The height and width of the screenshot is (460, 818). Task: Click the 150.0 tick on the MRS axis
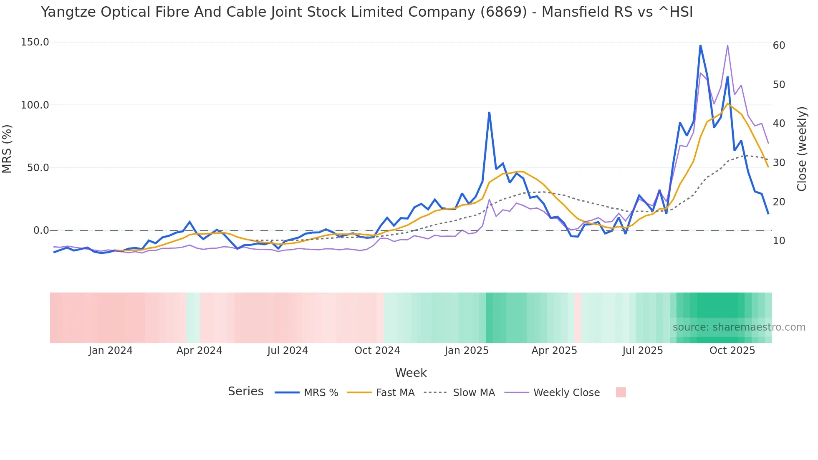(35, 42)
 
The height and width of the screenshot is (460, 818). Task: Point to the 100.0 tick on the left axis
(35, 105)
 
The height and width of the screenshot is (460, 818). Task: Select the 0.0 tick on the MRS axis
(41, 230)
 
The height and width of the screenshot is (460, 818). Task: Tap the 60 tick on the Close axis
(779, 45)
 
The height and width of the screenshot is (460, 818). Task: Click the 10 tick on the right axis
(779, 241)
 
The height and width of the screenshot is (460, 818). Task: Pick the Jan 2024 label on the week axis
(111, 351)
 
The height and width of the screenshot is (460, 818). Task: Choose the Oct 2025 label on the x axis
(732, 351)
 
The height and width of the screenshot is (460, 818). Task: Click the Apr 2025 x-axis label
(554, 351)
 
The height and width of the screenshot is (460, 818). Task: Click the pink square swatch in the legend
(621, 392)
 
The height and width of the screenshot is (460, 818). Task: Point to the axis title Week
(411, 373)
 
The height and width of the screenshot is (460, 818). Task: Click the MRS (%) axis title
(7, 149)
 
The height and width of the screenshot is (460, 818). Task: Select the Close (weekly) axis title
(802, 149)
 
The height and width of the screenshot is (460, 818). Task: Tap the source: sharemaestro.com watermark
(739, 327)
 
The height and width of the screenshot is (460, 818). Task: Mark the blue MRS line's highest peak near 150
(700, 45)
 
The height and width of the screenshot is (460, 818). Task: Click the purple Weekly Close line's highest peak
(727, 45)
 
